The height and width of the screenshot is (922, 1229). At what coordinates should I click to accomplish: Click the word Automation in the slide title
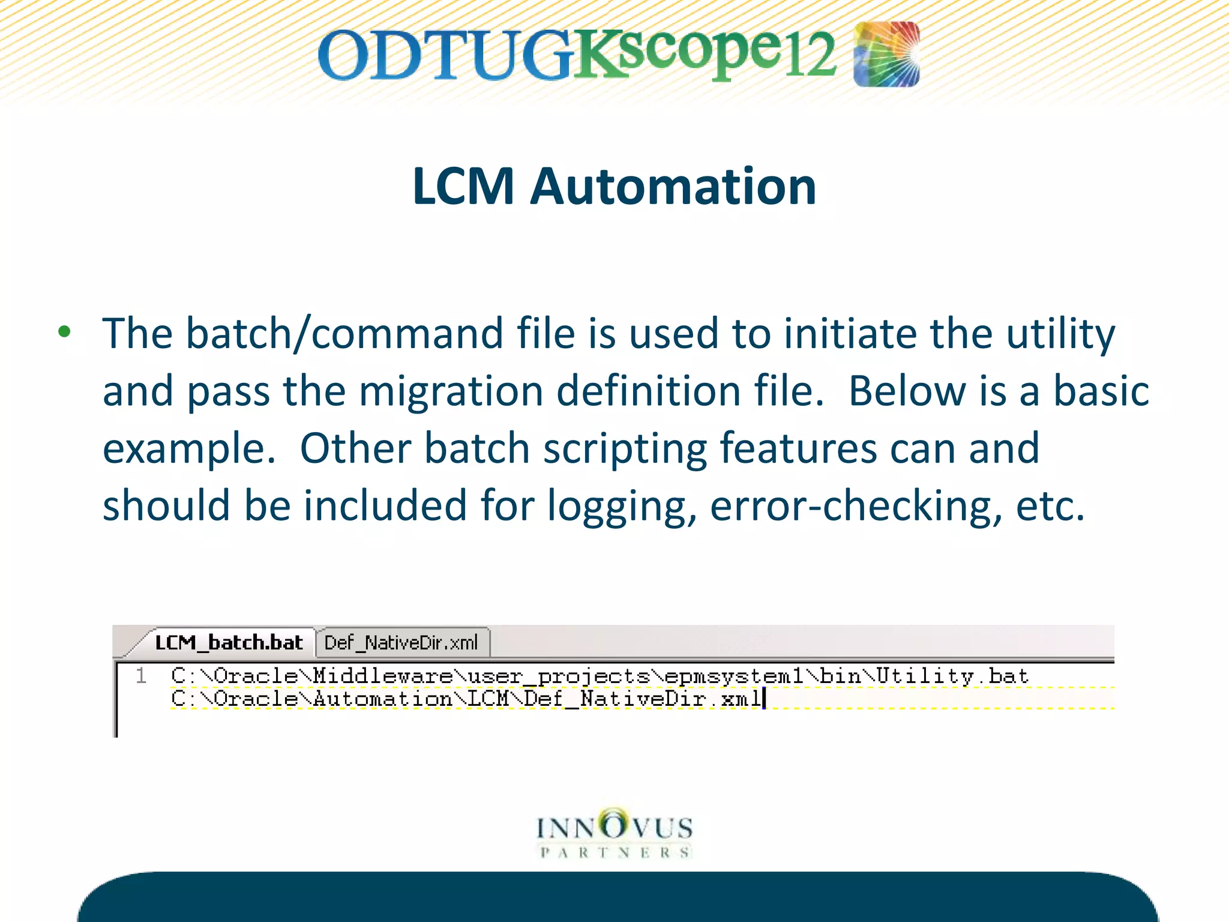pos(673,187)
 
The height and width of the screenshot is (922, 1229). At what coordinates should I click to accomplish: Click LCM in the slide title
pos(463,187)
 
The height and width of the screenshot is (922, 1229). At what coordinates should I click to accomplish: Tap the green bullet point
pos(65,332)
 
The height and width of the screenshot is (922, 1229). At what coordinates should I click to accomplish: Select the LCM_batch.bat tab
pos(228,643)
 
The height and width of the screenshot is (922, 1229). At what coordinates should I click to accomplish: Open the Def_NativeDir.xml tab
pos(401,643)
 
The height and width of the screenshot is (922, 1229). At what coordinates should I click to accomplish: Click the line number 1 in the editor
pos(141,676)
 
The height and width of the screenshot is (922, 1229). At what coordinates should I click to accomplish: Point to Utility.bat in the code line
pos(952,676)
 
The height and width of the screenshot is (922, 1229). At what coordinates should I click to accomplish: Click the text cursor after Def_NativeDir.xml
pos(764,699)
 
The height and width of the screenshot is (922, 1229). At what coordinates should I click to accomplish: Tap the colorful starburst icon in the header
pos(886,54)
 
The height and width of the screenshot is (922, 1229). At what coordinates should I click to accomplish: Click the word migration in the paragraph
pos(451,391)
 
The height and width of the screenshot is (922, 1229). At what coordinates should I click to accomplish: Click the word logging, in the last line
pos(622,505)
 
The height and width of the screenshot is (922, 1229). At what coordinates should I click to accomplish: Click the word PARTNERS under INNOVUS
pos(615,853)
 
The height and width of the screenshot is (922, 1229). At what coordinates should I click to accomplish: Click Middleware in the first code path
pos(383,676)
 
